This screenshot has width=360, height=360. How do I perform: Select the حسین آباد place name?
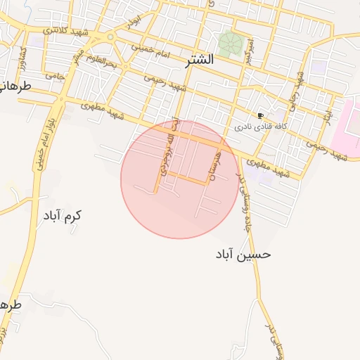[243, 254]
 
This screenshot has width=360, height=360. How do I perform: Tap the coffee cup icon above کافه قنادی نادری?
[260, 116]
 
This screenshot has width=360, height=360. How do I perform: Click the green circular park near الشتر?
[229, 43]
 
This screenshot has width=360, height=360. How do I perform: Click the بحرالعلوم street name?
[103, 62]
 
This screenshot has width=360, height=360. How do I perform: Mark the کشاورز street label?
[23, 56]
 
